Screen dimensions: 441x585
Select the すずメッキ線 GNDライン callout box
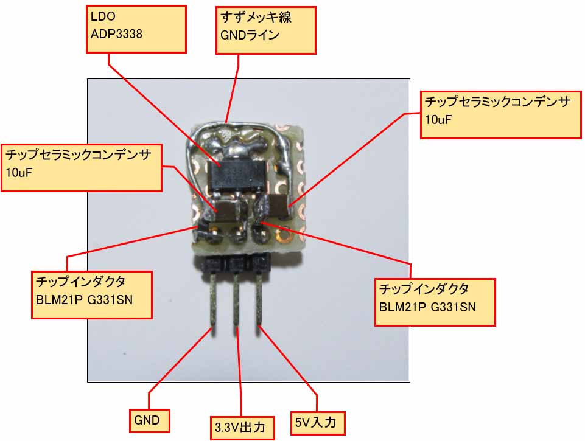pos(267,30)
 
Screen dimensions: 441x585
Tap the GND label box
pos(148,420)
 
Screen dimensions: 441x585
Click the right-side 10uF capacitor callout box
pos(500,115)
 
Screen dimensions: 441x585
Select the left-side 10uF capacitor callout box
pos(82,168)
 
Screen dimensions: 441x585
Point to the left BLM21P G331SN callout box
pos(91,294)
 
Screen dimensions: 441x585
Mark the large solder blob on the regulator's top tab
pos(238,147)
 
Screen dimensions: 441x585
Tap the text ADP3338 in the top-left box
pos(116,34)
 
